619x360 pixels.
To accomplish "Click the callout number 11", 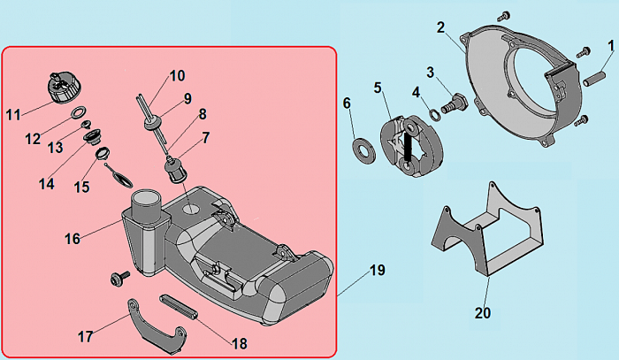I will pos(14,114).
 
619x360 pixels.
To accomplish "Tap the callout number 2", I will pos(440,27).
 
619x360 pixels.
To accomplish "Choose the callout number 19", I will pos(378,271).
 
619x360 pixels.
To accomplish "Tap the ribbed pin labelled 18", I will pos(180,306).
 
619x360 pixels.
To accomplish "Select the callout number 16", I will pos(73,239).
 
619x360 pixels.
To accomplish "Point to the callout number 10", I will pos(177,75).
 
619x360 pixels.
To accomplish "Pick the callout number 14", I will pos(46,184).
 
